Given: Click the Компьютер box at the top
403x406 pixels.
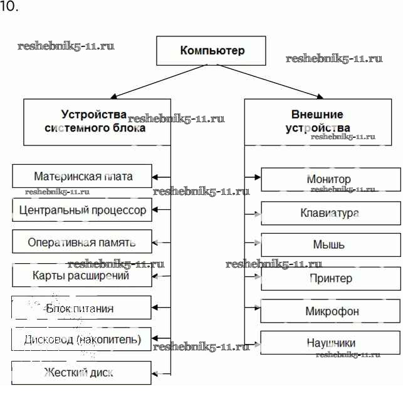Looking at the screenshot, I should [211, 51].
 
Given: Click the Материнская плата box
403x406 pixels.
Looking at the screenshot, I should [82, 177].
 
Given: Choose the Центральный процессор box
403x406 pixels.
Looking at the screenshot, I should [82, 210].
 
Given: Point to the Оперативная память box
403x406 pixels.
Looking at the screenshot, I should [82, 242].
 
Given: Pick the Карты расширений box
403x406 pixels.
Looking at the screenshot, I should [82, 275].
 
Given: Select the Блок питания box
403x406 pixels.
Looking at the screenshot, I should [82, 308].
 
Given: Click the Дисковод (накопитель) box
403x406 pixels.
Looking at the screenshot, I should [82, 340].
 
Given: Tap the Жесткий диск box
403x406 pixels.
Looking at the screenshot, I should [82, 373].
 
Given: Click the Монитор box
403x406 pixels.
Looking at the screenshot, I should [330, 180].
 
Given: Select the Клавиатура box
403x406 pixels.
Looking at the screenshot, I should [330, 213].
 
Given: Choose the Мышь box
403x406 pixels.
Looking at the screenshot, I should [330, 245].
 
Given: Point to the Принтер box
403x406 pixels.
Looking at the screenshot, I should [330, 278].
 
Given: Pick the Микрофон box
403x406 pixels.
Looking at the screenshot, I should [330, 311].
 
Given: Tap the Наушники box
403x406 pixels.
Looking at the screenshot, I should [330, 343].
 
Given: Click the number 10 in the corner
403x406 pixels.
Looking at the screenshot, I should [9, 8].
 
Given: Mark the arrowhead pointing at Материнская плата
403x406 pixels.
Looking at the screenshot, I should [155, 177].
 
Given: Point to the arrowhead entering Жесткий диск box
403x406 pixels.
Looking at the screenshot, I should [155, 373].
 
